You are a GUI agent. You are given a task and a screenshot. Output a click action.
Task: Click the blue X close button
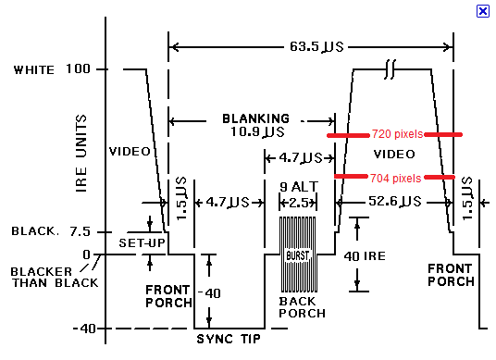483,11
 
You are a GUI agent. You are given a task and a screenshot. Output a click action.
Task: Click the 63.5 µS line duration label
316,47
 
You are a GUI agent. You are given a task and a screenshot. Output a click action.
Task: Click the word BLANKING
255,118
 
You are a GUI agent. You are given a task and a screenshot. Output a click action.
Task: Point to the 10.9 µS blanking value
257,131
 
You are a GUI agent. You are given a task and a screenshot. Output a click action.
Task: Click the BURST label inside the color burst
297,255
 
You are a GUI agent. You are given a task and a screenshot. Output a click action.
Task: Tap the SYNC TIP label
229,339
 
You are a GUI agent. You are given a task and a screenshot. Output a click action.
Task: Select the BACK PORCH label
302,307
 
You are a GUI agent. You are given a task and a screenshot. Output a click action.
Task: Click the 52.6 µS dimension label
395,202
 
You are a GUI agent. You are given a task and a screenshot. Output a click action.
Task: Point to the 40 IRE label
365,256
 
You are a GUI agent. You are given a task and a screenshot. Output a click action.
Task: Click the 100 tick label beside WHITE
78,69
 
